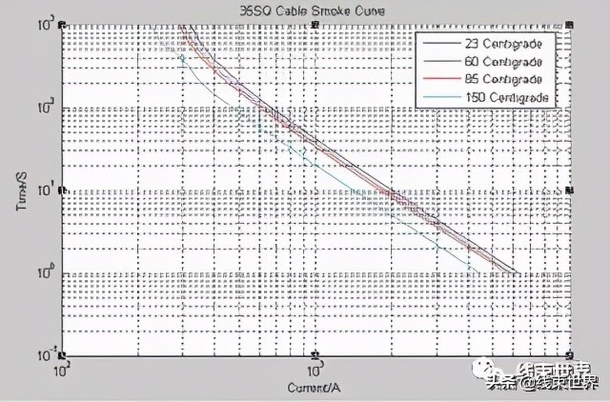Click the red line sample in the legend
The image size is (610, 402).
(x=441, y=78)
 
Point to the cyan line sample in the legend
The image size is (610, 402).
(x=441, y=95)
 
